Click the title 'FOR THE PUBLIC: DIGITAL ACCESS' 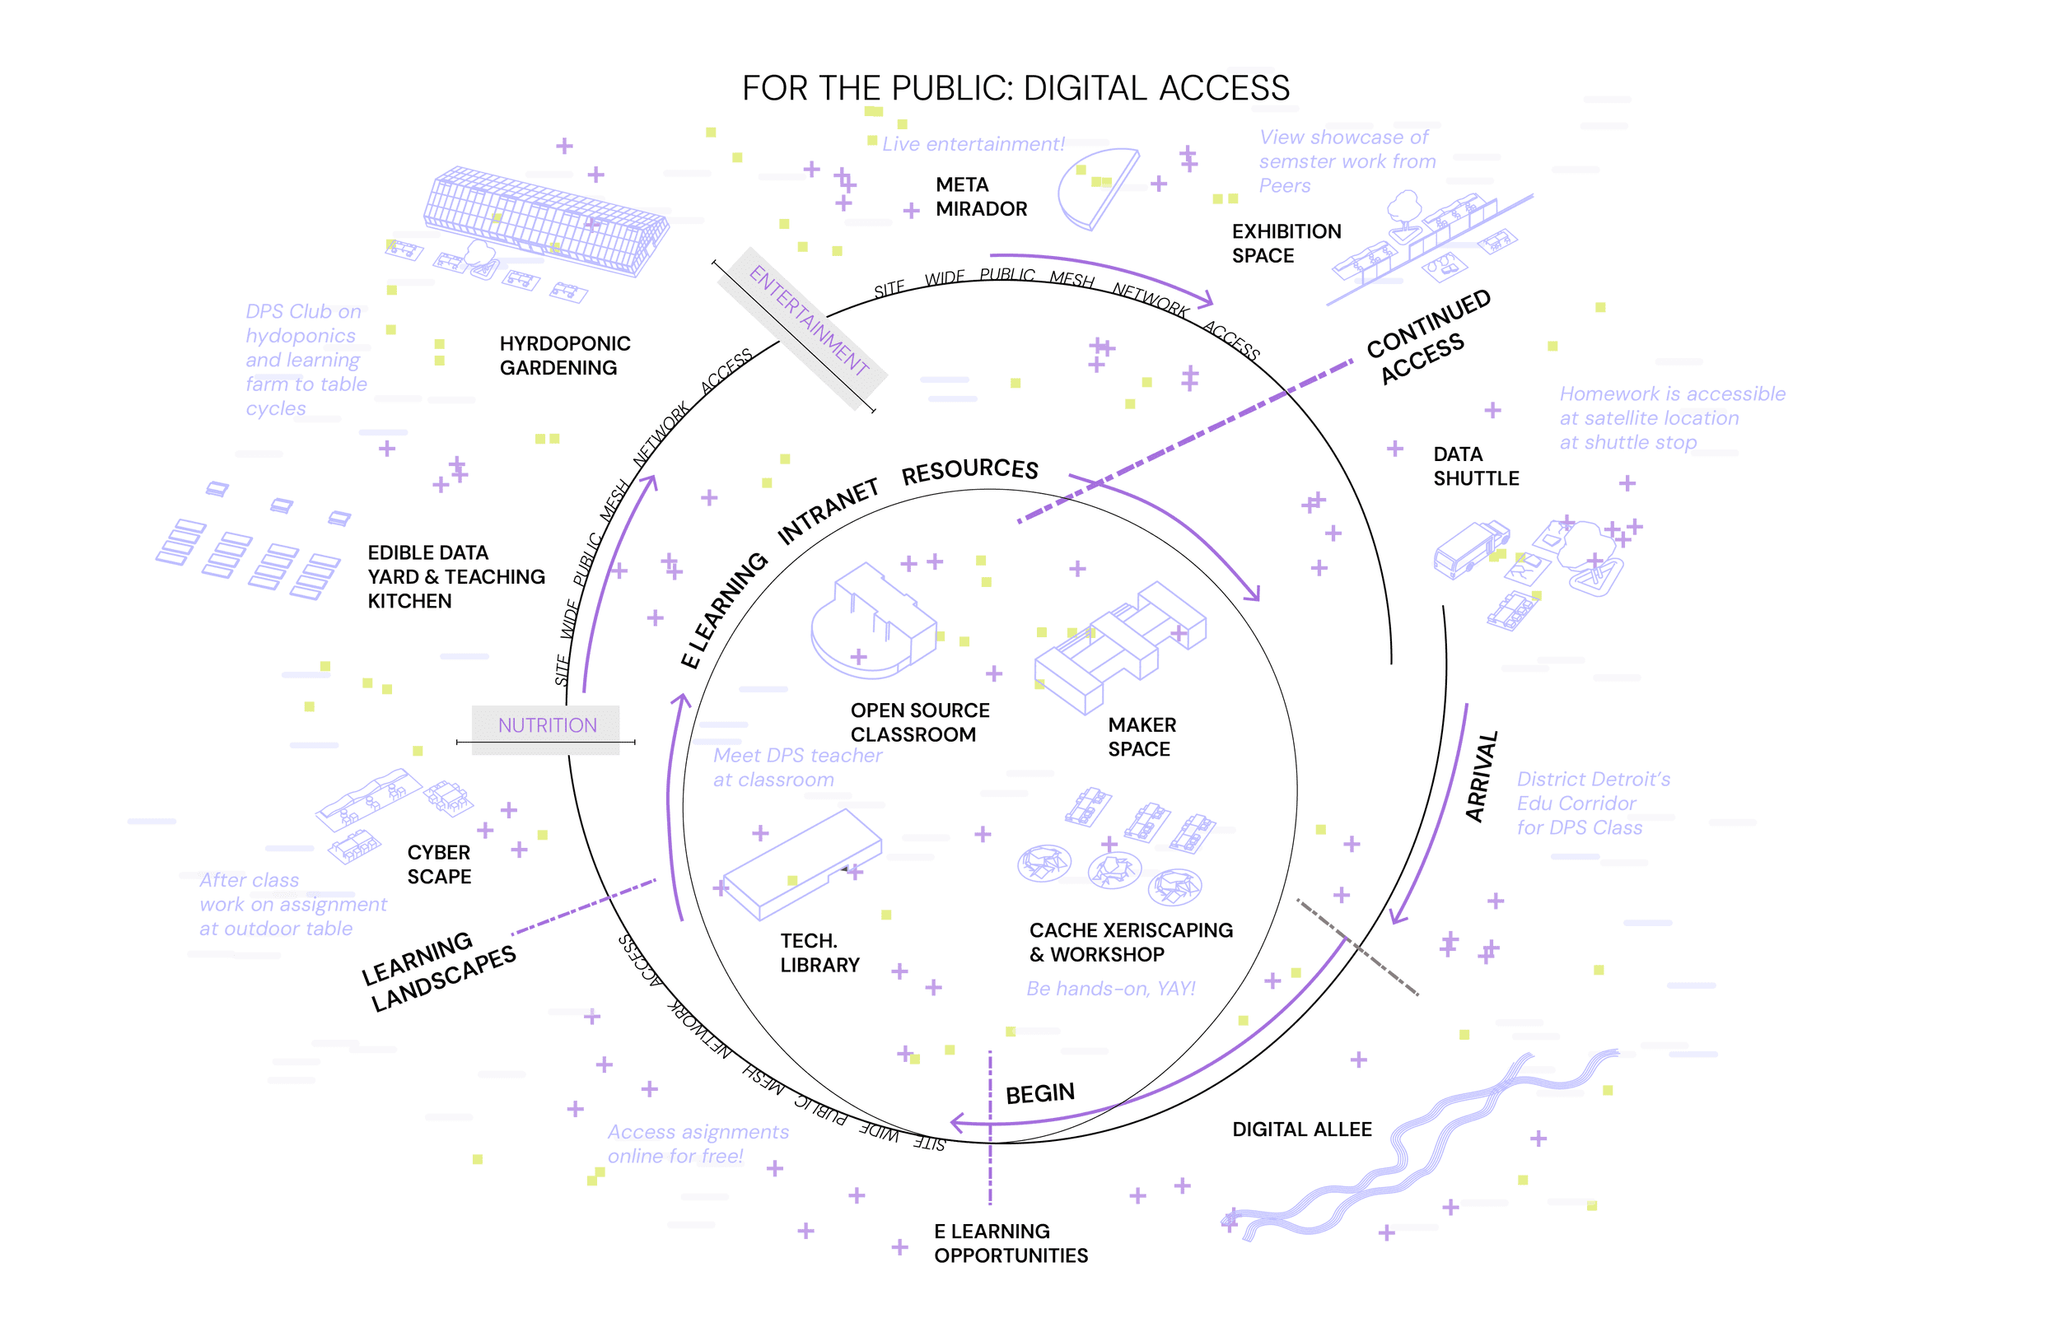click(1015, 88)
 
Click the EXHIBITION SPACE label click(1286, 243)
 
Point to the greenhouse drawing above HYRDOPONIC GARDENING click(547, 221)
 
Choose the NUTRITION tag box click(547, 725)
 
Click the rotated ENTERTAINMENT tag click(808, 320)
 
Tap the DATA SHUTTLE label click(1475, 466)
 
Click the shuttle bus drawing click(1469, 549)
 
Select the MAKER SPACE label click(1142, 737)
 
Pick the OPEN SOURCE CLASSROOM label click(919, 722)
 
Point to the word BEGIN click(1039, 1093)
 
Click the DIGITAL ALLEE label click(1301, 1129)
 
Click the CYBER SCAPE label click(439, 864)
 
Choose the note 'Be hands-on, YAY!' click(1110, 989)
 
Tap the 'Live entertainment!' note click(973, 144)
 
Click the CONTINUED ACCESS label click(1427, 337)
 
